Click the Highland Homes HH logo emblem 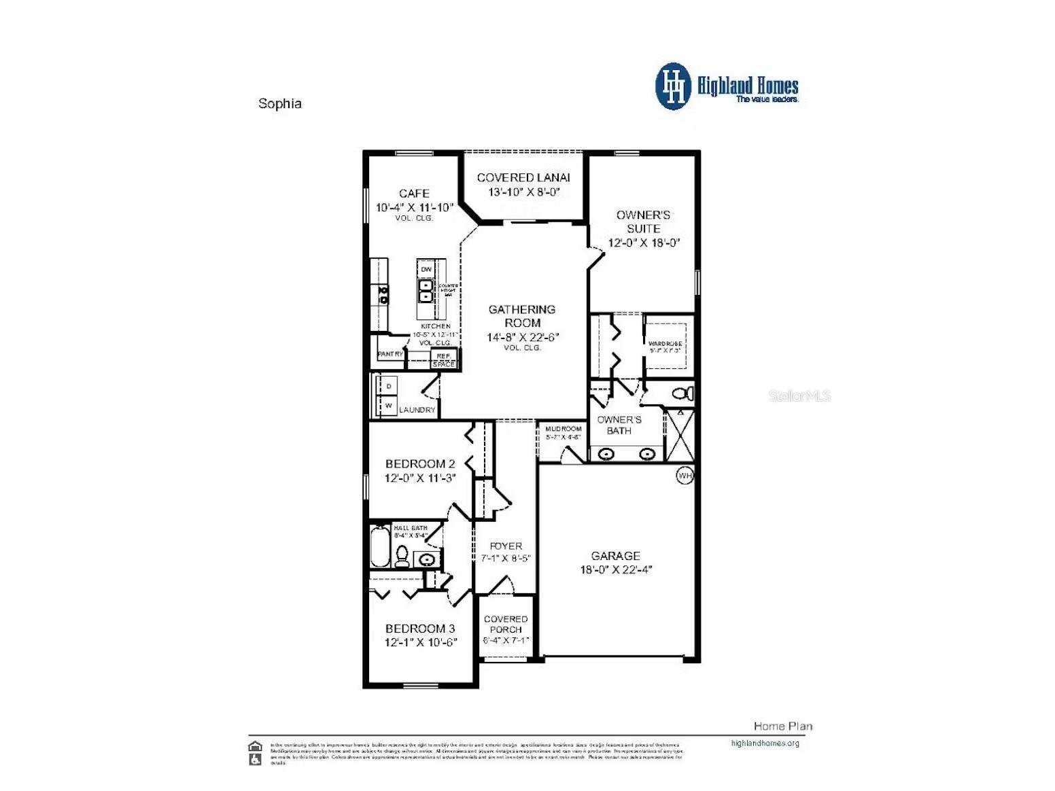[673, 86]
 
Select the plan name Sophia [279, 104]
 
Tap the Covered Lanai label [523, 177]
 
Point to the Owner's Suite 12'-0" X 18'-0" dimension [643, 243]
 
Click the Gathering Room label [522, 316]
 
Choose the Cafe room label [414, 194]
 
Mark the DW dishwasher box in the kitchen [426, 269]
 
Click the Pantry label [390, 354]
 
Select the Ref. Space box [444, 359]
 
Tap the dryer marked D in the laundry [389, 386]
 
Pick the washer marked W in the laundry [389, 406]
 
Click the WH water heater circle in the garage [685, 476]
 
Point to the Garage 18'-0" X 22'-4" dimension [615, 570]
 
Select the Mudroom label [564, 429]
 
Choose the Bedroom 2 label [420, 464]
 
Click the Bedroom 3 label [420, 629]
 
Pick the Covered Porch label [506, 624]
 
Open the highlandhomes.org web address [765, 743]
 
